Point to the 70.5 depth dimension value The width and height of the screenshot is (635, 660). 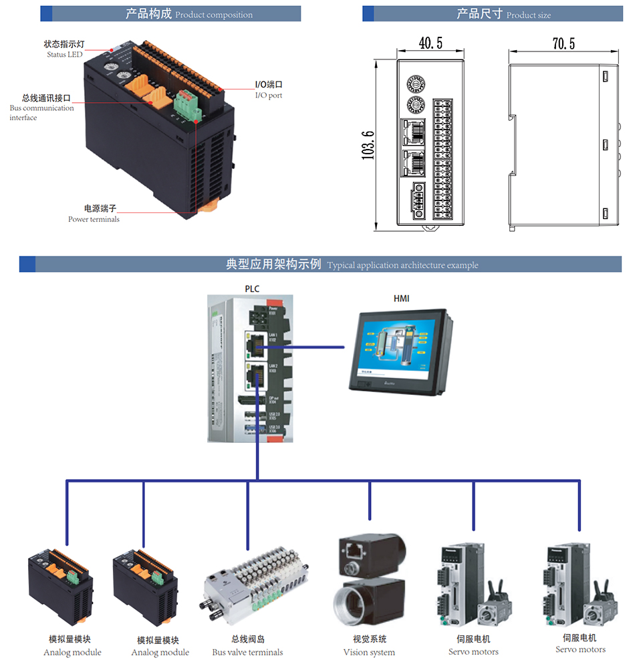pyautogui.click(x=563, y=43)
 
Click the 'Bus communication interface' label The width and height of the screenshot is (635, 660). pyautogui.click(x=41, y=108)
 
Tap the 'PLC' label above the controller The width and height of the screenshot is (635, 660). pyautogui.click(x=252, y=289)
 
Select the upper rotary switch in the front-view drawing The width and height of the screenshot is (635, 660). pyautogui.click(x=414, y=85)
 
